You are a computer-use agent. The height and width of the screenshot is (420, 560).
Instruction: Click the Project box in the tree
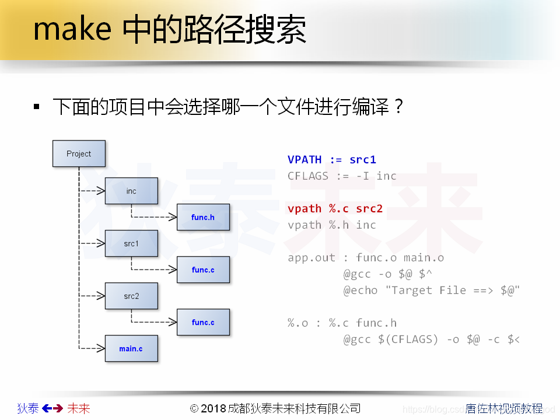point(79,153)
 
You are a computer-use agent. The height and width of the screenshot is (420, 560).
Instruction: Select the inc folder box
point(131,191)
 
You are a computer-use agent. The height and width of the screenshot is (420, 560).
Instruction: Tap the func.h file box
point(203,217)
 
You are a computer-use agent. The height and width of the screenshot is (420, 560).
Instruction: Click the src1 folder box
point(131,243)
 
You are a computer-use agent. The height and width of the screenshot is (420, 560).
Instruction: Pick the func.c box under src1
point(203,269)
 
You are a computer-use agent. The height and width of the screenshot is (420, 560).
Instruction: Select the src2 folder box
point(131,296)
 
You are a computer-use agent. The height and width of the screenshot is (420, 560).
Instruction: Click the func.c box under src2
point(203,322)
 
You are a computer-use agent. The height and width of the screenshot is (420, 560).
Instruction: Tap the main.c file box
point(131,348)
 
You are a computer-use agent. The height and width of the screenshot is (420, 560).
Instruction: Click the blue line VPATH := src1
point(332,160)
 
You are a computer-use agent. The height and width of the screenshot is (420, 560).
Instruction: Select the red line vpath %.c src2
point(335,209)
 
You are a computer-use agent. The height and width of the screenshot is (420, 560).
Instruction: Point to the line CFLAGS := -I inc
point(342,176)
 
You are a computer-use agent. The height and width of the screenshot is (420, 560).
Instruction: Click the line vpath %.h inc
point(332,225)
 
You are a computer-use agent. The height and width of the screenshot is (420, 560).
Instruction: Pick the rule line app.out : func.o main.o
point(366,258)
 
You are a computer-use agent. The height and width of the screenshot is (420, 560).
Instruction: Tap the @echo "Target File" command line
point(431,290)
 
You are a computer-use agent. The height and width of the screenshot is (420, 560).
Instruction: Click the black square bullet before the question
point(37,107)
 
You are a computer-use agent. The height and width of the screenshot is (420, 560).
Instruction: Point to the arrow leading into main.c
point(93,348)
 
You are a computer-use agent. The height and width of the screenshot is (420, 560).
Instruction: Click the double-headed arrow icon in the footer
point(52,408)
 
